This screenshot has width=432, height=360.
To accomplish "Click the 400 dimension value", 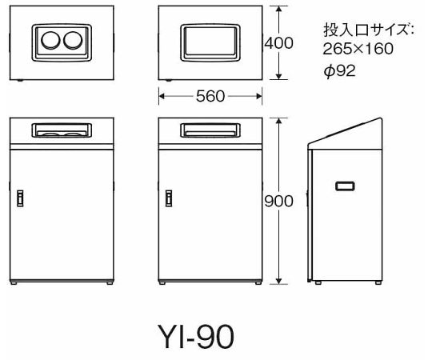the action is (278, 43).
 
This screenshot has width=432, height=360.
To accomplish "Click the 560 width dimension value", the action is (210, 96).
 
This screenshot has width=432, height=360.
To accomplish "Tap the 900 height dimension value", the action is (278, 201).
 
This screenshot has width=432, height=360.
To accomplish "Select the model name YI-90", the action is (196, 336).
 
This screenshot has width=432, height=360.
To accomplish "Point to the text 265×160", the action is (358, 49).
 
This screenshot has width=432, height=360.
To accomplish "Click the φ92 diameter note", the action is (340, 70).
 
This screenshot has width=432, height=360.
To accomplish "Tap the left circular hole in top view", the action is (50, 40).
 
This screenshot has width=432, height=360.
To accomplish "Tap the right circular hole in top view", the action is (73, 40).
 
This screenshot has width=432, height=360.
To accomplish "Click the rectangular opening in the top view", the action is (210, 42).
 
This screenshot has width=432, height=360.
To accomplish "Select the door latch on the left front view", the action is (20, 198).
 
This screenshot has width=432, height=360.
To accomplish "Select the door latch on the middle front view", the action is (169, 198).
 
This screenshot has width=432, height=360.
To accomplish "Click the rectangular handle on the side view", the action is (345, 186).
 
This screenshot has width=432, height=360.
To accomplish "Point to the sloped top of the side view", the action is (345, 130).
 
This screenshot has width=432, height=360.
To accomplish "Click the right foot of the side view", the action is (378, 282).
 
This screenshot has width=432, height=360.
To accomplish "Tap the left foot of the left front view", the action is (14, 283).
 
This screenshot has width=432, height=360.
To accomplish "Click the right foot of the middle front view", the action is (258, 283).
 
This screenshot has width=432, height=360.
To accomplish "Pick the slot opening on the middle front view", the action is (210, 130).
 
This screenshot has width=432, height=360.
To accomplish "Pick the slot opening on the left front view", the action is (62, 130).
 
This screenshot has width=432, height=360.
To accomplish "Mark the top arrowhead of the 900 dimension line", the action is (279, 121).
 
